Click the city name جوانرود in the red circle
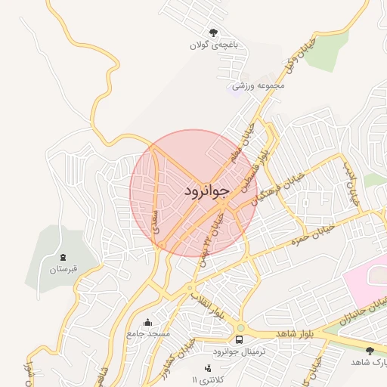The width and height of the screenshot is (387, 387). [205, 192]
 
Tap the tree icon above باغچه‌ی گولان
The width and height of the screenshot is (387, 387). [214, 33]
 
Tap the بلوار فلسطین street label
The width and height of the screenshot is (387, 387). [256, 168]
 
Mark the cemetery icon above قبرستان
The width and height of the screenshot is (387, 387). [62, 258]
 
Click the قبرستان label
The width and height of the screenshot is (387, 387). [63, 270]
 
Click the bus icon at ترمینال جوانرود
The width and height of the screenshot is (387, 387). [240, 339]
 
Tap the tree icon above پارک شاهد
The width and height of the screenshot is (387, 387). [370, 351]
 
